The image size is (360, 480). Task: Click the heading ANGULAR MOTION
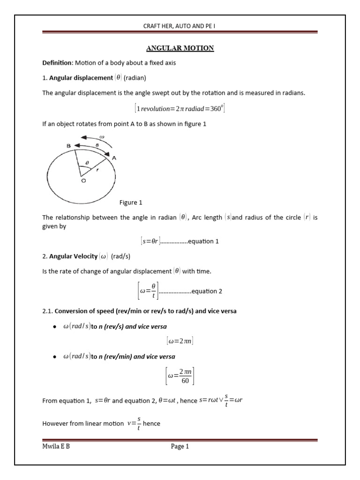pos(180,48)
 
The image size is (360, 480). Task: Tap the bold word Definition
pos(57,63)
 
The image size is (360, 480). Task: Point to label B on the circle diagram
pos(68,146)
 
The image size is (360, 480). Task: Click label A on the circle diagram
pos(114,158)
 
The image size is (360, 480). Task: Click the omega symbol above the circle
pos(102,137)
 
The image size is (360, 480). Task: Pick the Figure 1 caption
pos(131,202)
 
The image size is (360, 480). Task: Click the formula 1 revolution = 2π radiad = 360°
pos(180,109)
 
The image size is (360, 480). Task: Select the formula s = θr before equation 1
pos(150,241)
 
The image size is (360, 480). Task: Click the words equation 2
pos(207,291)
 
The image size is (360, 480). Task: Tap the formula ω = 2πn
pos(180,341)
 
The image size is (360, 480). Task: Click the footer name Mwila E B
pos(56,447)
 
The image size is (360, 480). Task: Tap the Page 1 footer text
pos(180,447)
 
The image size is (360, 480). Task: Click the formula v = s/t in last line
pos(134,424)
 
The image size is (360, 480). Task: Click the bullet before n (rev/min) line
pos(55,357)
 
